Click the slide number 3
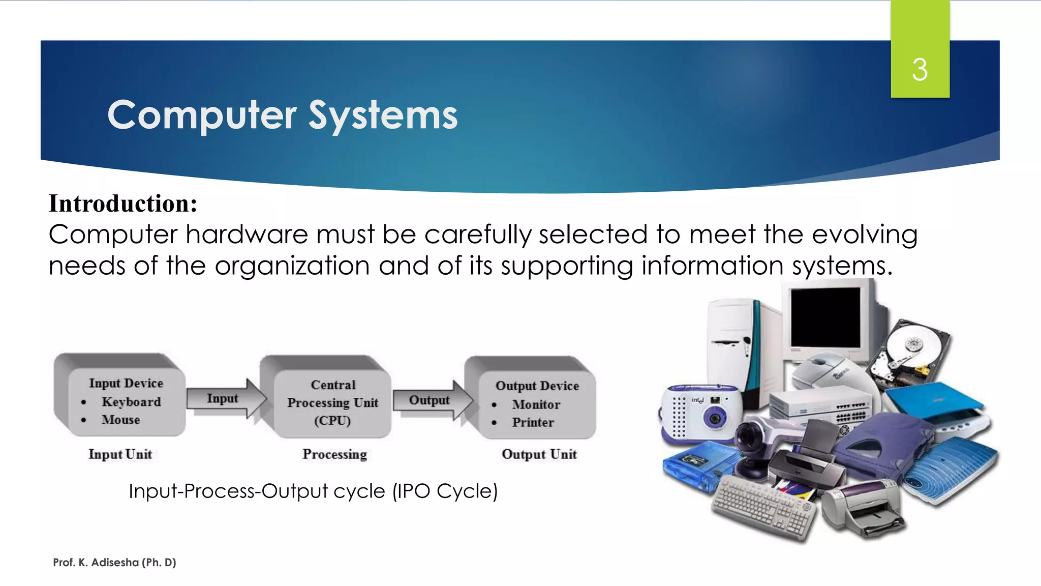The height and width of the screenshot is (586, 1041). pos(920,70)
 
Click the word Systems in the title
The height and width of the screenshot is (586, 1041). pos(383,115)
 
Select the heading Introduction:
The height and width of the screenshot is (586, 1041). pos(123,203)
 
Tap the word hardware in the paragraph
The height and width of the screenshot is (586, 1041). pos(247,235)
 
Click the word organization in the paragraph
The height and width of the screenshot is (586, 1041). pos(292,266)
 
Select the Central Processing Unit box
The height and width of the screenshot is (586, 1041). pos(332,402)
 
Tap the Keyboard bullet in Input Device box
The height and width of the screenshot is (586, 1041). pos(131,402)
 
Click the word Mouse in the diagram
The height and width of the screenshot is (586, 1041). pos(120,420)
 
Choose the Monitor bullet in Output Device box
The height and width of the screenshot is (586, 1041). pos(536,404)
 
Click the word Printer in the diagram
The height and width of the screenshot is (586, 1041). pos(533,422)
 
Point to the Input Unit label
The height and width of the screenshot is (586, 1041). pos(120,454)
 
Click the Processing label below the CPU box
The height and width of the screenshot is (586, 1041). pos(334,454)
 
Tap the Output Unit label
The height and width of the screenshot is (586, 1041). pos(539,454)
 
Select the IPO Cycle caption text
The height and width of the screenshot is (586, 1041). pos(313,491)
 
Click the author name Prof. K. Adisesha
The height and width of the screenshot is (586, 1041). pos(114,562)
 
